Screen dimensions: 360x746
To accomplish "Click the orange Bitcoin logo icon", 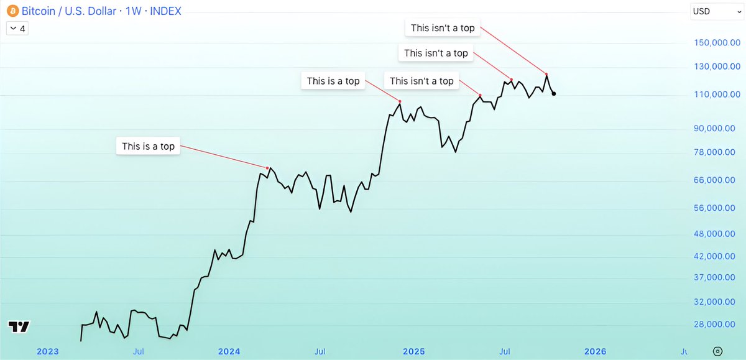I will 12,11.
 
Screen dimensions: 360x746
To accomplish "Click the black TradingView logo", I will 19,327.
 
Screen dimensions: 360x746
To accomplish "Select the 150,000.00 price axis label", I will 717,42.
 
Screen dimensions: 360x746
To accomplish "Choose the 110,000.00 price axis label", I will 717,95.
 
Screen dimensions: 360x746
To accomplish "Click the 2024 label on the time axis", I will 229,351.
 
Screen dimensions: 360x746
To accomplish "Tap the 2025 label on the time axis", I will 413,351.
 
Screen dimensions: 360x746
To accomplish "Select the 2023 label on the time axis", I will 47,351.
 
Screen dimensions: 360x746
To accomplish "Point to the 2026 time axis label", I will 596,351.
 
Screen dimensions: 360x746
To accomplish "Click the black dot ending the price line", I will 553,94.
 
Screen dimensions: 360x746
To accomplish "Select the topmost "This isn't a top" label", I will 443,28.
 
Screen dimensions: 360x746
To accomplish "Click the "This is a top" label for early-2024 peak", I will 148,147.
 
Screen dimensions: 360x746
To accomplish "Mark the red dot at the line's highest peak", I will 546,74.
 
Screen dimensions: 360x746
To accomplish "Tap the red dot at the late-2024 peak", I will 400,101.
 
